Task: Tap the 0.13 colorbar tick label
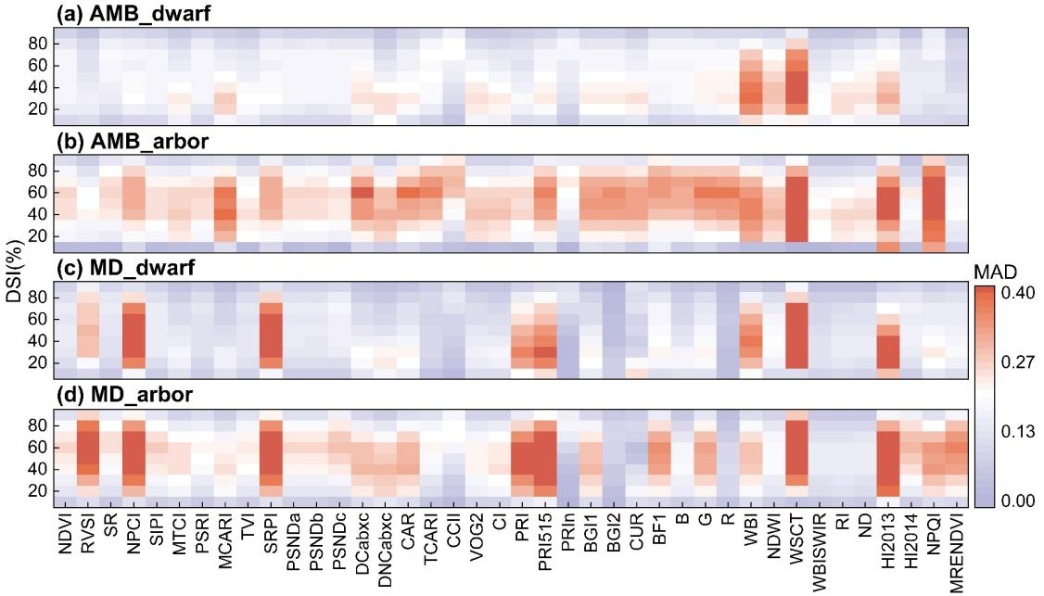(x=1024, y=431)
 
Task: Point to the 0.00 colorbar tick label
(x=1024, y=501)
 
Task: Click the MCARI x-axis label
(x=228, y=552)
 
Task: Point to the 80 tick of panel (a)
(x=38, y=44)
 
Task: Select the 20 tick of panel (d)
(x=38, y=490)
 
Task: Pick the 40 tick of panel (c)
(x=38, y=341)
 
